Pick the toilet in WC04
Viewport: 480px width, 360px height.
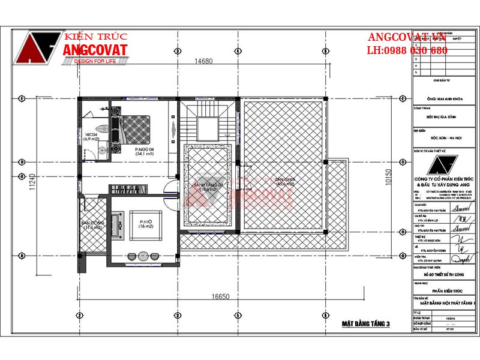[104, 127]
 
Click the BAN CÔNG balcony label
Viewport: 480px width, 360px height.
[93, 225]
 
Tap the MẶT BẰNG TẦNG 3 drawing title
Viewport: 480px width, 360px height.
[366, 325]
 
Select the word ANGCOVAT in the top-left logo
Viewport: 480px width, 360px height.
[95, 51]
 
